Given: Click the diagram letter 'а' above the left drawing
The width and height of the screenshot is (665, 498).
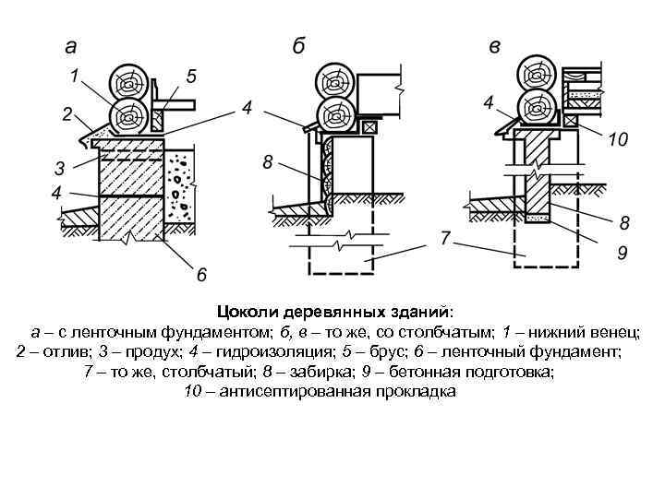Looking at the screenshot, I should coord(70,46).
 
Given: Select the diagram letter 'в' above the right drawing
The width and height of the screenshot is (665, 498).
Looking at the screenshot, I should coord(497,46).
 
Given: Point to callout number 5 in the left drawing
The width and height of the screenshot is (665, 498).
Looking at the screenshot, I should coord(191,74).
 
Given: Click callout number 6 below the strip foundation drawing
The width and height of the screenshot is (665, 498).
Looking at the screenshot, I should coord(200,273).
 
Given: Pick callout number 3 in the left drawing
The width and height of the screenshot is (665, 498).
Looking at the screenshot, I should coord(59,169).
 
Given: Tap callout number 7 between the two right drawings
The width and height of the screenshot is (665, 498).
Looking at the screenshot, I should coord(445,238).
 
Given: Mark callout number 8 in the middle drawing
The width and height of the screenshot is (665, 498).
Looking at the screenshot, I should coord(267,162).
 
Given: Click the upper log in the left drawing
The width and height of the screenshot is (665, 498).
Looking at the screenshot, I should coord(127,83).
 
